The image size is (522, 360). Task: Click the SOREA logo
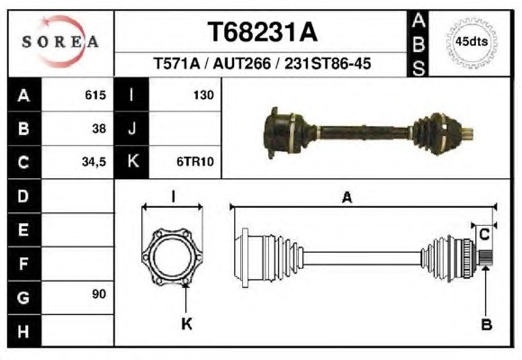click(60, 41)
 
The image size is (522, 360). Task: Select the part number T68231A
click(263, 32)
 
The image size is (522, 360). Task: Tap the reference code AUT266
click(242, 63)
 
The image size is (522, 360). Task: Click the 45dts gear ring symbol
click(472, 42)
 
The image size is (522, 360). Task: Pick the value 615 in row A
click(95, 95)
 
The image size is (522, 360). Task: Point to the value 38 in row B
click(99, 129)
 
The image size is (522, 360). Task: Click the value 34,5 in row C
click(94, 162)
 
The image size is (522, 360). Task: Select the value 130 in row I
click(203, 95)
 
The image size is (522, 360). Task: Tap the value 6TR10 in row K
click(195, 162)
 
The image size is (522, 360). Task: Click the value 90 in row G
click(99, 294)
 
